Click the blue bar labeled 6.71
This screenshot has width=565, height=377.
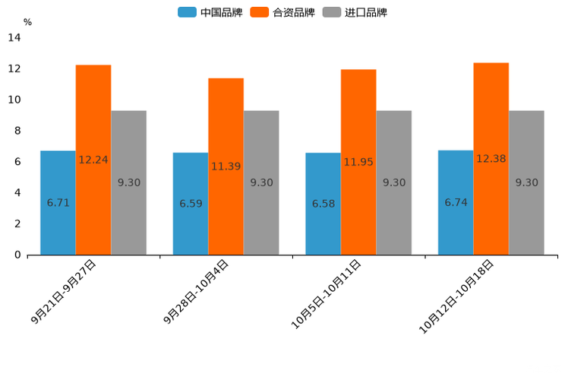pos(58,203)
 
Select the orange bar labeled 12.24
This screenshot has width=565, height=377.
pos(93,160)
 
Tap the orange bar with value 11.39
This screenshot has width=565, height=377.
pos(226,166)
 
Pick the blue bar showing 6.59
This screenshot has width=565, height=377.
pos(191,204)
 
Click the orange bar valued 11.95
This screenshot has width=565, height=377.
pos(358,162)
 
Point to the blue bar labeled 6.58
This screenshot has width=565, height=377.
pos(323,204)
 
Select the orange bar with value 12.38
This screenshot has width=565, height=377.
pos(491,159)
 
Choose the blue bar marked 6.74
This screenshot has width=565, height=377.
pos(456,203)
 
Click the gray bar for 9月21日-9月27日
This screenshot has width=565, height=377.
pos(128,182)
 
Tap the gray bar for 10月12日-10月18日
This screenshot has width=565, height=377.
pos(526,182)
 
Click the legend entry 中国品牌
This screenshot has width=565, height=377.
pos(210,12)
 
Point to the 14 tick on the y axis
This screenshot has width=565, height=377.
pos(14,37)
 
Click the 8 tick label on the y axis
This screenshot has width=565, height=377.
pos(17,131)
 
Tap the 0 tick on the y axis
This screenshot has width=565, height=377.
pos(17,255)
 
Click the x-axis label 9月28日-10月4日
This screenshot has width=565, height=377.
pos(196,293)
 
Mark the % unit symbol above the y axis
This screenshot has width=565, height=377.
pos(27,22)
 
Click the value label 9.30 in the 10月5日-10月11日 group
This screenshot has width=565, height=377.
pos(394,182)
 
